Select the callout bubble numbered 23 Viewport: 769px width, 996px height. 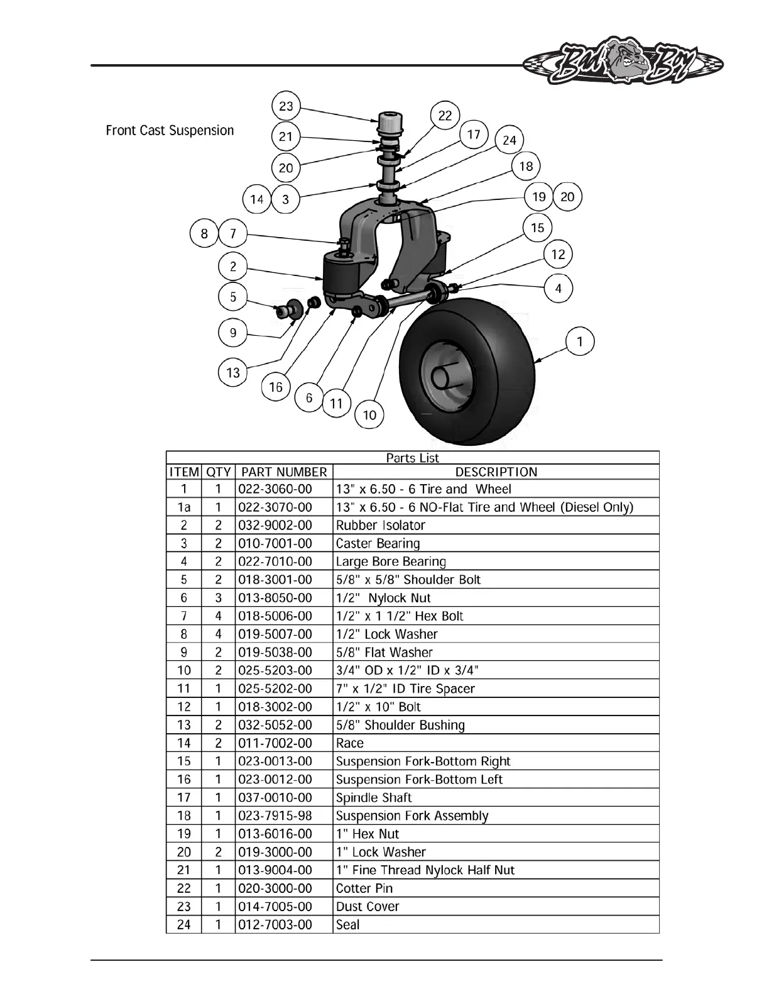286,106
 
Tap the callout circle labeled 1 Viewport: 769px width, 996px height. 579,341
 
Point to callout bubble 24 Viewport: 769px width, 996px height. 509,140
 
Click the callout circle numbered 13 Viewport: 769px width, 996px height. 233,373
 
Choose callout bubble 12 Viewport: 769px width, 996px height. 558,255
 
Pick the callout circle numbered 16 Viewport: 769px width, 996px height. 276,387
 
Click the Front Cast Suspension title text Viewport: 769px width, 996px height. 170,131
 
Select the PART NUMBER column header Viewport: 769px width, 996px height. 284,472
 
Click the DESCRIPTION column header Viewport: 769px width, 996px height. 496,472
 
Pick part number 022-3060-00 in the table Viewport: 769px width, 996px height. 275,489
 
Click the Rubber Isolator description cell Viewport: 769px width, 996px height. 381,526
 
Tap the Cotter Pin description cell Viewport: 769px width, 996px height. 364,888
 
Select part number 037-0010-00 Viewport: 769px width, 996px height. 275,798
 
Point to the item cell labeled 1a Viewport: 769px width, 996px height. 184,507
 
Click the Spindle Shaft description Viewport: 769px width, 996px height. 374,798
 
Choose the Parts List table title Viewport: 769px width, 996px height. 412,458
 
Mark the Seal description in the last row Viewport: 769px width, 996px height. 348,925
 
